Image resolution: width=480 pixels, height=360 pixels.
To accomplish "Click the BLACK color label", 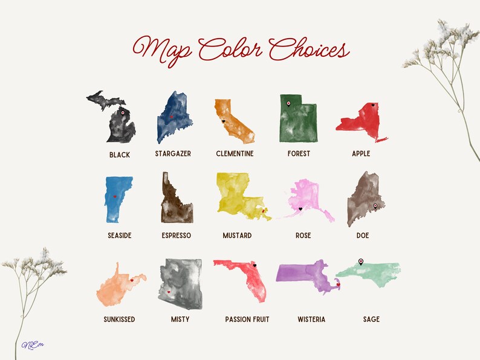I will click(x=120, y=155).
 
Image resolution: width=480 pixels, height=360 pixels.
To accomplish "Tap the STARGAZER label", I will click(x=173, y=154).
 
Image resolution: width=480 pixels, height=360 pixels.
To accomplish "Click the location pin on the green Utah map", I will click(x=288, y=103).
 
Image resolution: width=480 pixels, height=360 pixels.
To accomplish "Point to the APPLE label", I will click(x=361, y=154).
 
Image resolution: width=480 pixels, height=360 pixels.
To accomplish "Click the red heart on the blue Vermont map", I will click(x=114, y=196).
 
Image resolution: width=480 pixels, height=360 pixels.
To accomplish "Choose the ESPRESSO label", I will click(x=177, y=236).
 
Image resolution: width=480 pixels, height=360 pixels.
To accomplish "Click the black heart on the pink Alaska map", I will click(x=300, y=209).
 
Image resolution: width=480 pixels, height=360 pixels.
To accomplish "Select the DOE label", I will click(x=363, y=236).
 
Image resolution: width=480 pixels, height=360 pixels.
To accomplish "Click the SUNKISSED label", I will click(x=119, y=320).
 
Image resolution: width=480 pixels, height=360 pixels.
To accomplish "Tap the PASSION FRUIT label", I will click(x=247, y=320).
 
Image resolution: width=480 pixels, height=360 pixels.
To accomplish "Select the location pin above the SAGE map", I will click(x=361, y=261).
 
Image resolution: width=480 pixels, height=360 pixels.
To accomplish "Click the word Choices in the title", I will click(x=310, y=50).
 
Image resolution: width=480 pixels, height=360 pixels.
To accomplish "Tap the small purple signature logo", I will click(x=29, y=345).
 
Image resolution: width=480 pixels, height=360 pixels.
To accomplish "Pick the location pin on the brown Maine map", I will click(x=375, y=206).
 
